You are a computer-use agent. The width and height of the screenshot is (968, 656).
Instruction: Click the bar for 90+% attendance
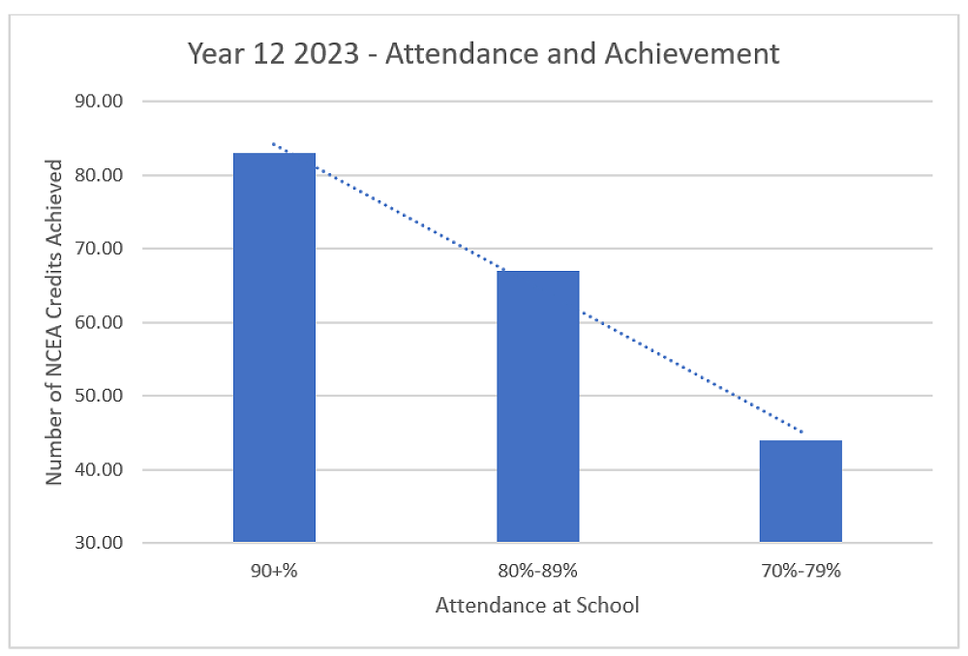pos(274,347)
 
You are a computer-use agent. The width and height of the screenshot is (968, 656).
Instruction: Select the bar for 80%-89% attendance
pos(538,406)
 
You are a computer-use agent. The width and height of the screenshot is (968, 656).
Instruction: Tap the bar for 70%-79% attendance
pos(801,491)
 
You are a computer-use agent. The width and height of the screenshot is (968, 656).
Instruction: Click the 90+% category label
pos(274,571)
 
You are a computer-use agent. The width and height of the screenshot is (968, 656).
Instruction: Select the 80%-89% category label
pos(538,571)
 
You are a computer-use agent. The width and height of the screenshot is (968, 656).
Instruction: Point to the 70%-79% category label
pos(801,571)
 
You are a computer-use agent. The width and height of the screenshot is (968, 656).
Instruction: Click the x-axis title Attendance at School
pos(537,607)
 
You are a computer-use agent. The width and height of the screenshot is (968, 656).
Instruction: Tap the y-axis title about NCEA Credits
pos(55,322)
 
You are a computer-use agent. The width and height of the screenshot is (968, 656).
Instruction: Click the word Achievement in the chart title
pos(692,54)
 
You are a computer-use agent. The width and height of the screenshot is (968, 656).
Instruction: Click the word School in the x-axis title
pos(608,607)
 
